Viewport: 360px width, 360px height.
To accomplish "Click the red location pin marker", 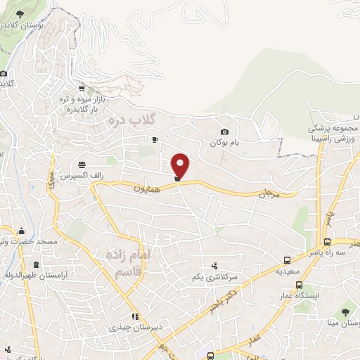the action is [181, 166].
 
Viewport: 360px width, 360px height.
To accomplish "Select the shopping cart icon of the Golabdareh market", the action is [83, 88].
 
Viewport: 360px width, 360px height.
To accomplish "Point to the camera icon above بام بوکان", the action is [224, 131].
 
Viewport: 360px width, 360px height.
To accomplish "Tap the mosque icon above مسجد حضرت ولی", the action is [22, 230].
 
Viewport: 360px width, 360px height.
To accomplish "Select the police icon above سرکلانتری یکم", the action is [214, 266].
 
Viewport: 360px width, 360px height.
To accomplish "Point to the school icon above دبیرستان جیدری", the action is [135, 316].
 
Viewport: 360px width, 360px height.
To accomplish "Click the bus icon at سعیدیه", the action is [287, 259].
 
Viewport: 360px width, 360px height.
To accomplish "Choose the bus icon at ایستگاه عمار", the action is [300, 285].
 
